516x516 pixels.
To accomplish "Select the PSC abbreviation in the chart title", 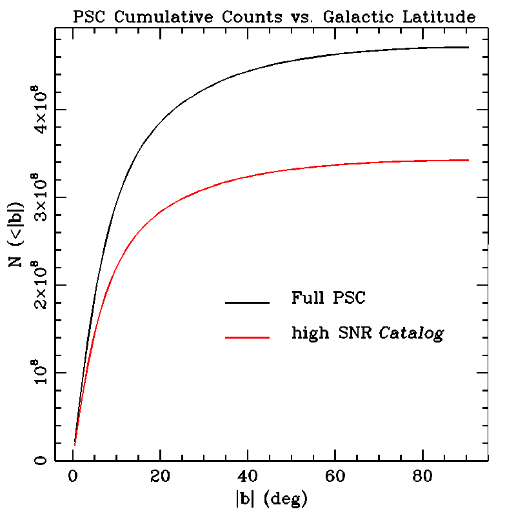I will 88,18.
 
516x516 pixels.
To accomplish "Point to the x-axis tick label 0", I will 72,477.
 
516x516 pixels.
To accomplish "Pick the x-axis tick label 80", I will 422,477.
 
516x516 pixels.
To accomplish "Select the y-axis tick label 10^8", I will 40,372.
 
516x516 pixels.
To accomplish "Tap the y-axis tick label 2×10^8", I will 40,284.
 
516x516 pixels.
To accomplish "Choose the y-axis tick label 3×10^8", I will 40,197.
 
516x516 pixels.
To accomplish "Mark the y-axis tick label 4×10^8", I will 40,109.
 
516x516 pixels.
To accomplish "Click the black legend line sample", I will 247,301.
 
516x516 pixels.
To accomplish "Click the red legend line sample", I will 247,337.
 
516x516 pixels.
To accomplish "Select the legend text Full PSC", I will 328,299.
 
